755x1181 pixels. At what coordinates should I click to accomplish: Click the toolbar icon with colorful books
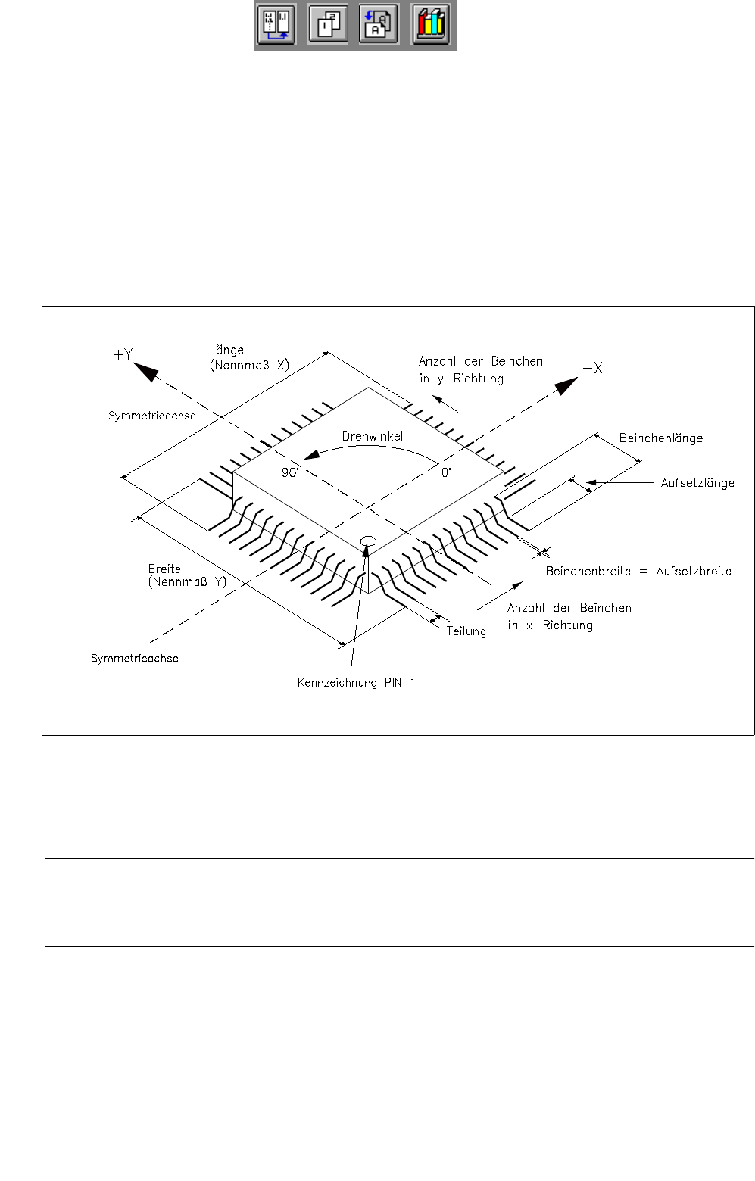[431, 25]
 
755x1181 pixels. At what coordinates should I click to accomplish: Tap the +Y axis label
[123, 354]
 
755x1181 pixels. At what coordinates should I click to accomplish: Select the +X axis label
[592, 369]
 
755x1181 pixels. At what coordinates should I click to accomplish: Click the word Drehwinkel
[373, 436]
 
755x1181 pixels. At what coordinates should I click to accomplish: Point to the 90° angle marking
[290, 472]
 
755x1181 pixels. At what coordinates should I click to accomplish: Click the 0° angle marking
[446, 472]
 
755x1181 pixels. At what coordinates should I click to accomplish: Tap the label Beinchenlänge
[661, 438]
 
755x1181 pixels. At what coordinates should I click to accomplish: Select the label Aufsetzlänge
[697, 483]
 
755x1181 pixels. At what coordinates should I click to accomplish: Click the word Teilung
[466, 631]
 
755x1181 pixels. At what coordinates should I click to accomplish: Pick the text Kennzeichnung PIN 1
[356, 683]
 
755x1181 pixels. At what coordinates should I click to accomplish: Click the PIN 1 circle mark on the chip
[370, 540]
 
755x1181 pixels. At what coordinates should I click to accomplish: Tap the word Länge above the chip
[226, 350]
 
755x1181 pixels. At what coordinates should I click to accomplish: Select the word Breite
[164, 569]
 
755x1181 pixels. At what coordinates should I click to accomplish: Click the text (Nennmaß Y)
[187, 582]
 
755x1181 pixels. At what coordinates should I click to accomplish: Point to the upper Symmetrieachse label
[152, 416]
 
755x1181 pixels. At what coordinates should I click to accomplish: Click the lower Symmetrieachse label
[135, 659]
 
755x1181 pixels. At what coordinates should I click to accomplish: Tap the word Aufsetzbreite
[694, 572]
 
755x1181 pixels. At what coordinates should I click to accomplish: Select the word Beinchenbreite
[588, 572]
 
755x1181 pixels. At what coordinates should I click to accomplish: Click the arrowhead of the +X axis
[566, 386]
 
